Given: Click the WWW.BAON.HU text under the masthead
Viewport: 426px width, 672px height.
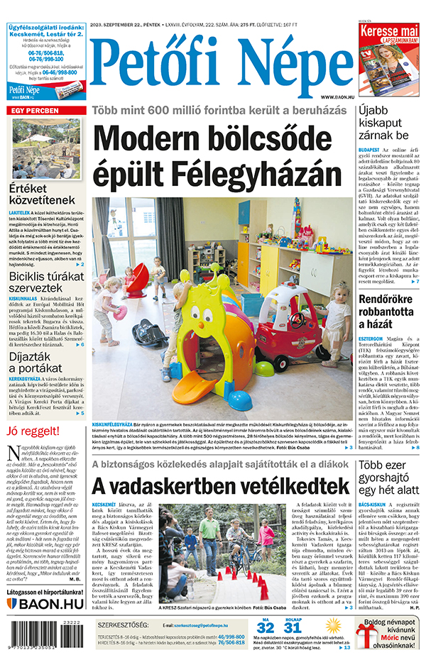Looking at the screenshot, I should coord(337,97).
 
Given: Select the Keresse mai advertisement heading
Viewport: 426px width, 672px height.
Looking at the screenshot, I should coord(388,33).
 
